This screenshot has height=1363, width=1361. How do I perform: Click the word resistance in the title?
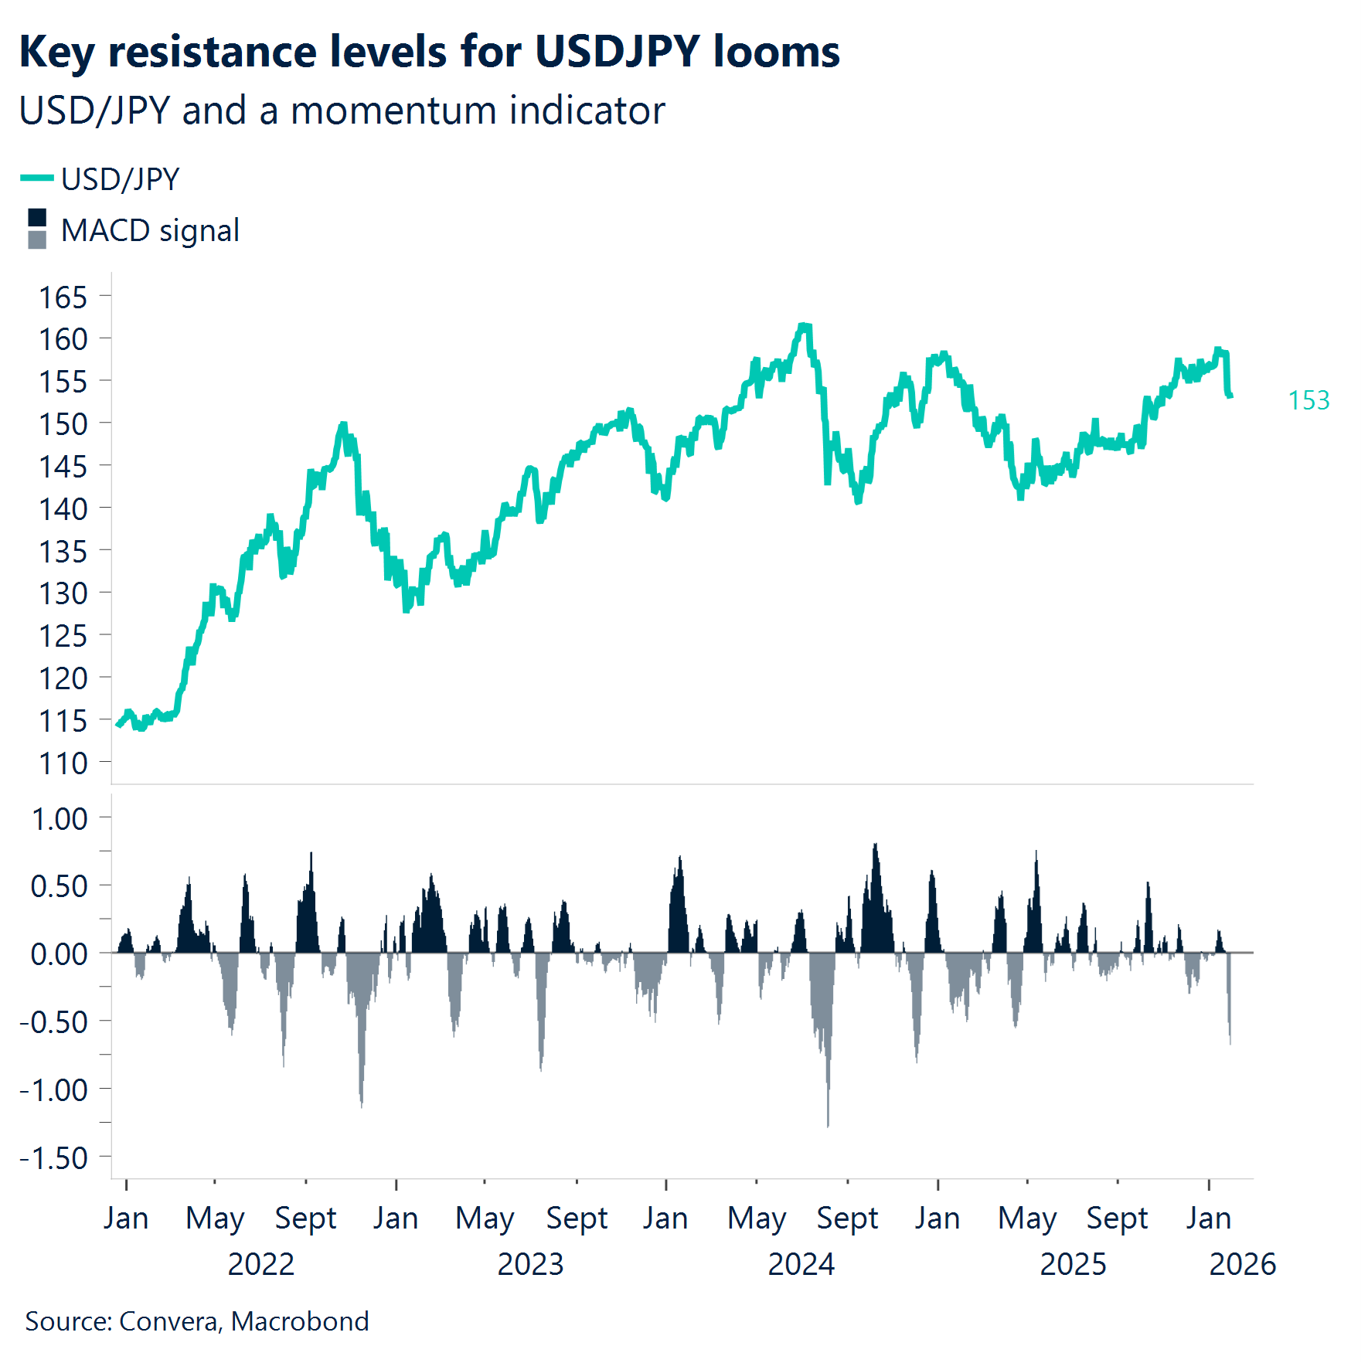point(212,53)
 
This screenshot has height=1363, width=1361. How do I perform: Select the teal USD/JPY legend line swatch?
point(36,178)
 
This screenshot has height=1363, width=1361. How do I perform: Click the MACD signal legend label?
point(150,230)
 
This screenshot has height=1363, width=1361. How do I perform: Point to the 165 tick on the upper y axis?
point(63,297)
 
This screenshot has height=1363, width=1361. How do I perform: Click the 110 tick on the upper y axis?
point(63,763)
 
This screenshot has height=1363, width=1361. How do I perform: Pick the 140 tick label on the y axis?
point(63,509)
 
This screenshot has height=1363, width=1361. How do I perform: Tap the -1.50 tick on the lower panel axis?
point(54,1158)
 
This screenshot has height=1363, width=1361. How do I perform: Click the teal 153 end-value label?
point(1308,400)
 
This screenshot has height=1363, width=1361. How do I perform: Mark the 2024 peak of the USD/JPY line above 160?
point(805,326)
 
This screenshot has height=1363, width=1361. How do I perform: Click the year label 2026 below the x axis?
point(1242,1265)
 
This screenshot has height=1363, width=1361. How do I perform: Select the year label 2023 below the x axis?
point(530,1265)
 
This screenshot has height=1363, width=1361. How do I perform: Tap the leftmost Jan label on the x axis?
point(126,1219)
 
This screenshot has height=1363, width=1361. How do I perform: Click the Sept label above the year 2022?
point(306,1219)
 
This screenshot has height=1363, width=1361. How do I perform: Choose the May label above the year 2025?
point(1027,1219)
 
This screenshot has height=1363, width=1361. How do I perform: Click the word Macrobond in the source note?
point(300,1321)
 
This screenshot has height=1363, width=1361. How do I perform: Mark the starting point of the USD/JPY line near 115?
point(117,725)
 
